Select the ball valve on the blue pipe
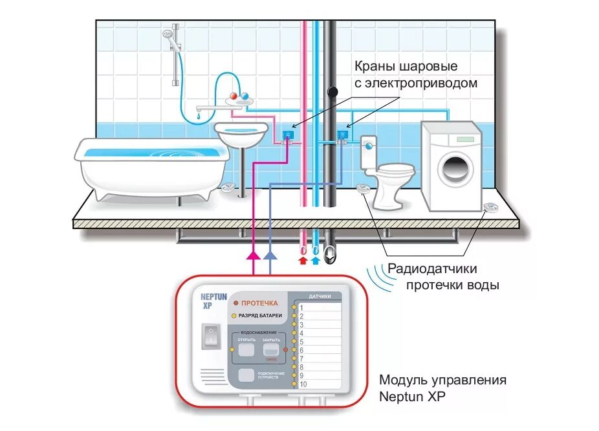[341, 135]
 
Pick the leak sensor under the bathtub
[229, 188]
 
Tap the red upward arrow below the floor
[301, 260]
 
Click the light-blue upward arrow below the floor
[315, 260]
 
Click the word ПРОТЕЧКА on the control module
[260, 302]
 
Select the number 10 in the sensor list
[303, 384]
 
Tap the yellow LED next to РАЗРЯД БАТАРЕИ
[234, 315]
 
